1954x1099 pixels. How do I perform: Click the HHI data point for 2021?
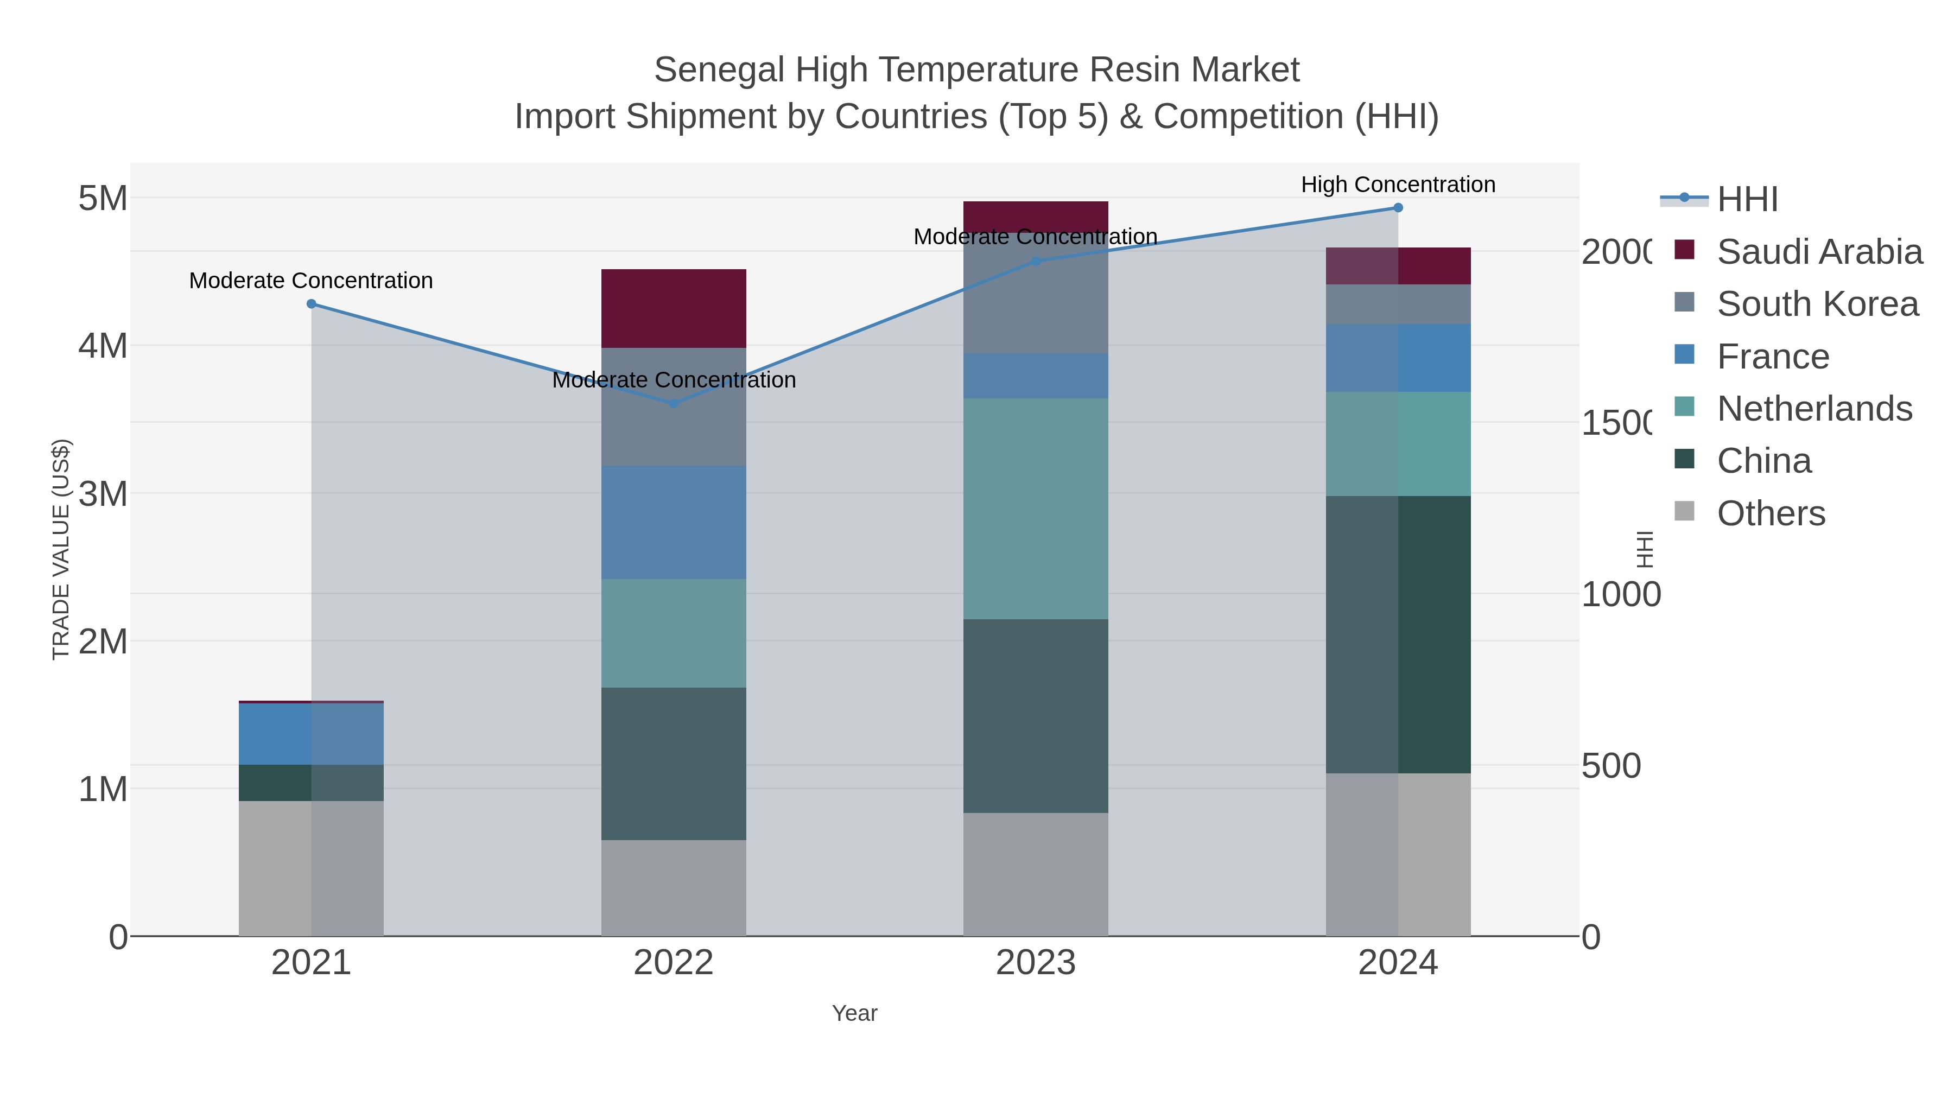tap(311, 303)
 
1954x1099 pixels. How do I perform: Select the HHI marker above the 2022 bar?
tap(674, 403)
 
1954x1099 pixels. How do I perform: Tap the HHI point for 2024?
tap(1398, 208)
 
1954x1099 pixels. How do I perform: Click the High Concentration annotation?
tap(1398, 185)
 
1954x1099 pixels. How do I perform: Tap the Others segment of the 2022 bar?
tap(674, 887)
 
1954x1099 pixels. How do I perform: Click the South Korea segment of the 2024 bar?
tap(1398, 304)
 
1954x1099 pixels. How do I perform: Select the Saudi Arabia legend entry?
tap(1819, 252)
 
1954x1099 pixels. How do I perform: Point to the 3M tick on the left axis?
tap(103, 494)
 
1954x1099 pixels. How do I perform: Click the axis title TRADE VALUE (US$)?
tap(61, 549)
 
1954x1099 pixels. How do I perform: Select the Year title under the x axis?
tap(854, 1013)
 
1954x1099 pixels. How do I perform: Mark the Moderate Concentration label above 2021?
tap(311, 281)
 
